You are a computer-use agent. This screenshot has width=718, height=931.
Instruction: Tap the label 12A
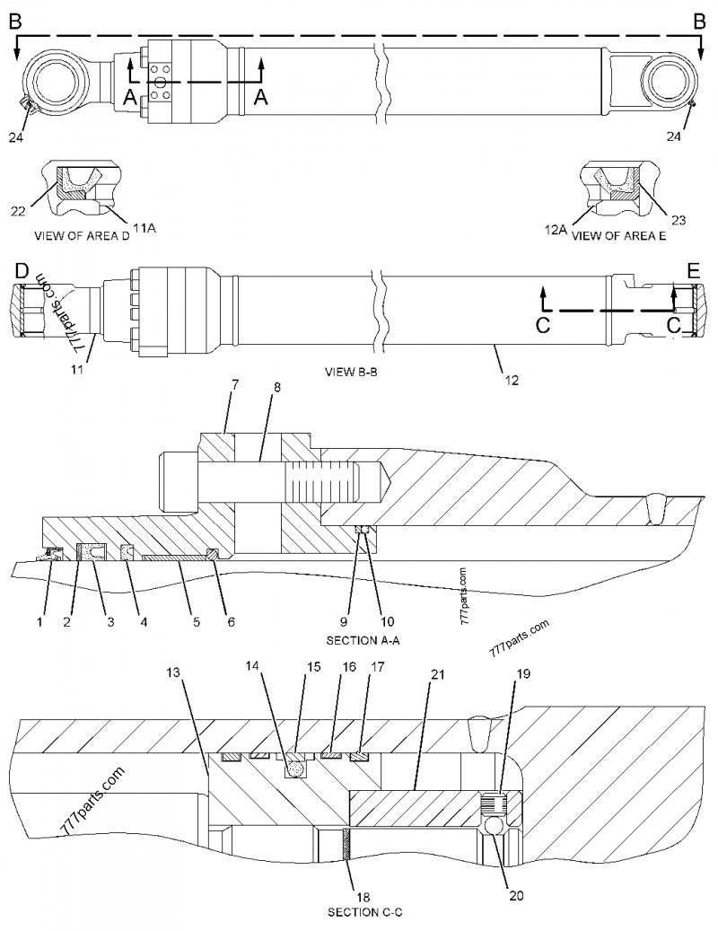tap(556, 230)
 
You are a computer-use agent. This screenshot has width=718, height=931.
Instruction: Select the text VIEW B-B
tap(351, 370)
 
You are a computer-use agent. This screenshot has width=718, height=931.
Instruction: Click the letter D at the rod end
tap(22, 270)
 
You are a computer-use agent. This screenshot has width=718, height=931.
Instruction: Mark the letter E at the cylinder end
tap(693, 270)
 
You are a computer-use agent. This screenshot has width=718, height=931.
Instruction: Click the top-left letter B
tap(15, 20)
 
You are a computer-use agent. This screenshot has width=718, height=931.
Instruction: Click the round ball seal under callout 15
tap(294, 769)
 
